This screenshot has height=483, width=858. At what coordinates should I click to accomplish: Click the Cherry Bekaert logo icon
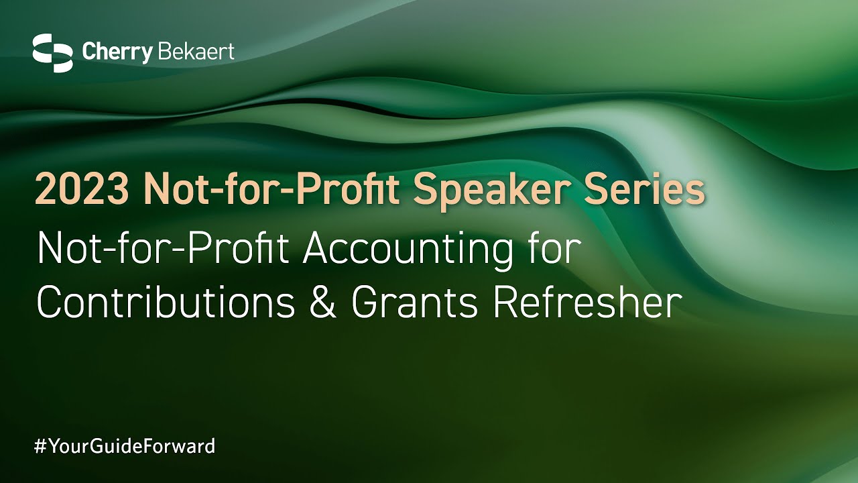point(52,53)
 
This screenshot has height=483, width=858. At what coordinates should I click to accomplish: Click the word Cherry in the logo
point(117,52)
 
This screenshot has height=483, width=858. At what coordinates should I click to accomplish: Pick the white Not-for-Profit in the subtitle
point(163,248)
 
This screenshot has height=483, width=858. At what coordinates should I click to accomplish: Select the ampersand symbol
point(323,302)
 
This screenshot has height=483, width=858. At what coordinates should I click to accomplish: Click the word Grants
point(414,302)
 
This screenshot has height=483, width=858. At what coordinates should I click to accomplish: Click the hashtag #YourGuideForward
point(125,446)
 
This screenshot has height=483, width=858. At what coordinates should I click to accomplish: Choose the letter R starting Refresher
point(507,302)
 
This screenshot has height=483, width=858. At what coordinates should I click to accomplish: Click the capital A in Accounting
point(317,248)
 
